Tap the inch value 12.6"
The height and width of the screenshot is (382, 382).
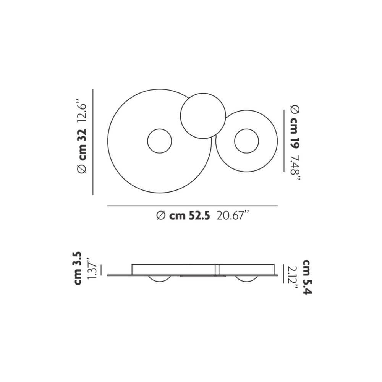point(83,111)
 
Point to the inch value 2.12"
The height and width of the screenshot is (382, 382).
point(293,278)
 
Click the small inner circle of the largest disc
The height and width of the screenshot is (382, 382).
point(160,141)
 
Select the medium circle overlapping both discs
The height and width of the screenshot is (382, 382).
point(203,115)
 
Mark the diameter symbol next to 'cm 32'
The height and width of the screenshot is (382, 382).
point(83,168)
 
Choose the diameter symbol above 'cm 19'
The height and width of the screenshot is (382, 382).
point(295,109)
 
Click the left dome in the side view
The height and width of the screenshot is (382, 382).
point(160,279)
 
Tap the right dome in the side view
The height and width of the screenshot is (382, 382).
point(247,279)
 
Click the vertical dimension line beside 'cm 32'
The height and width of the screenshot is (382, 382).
point(93,141)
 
